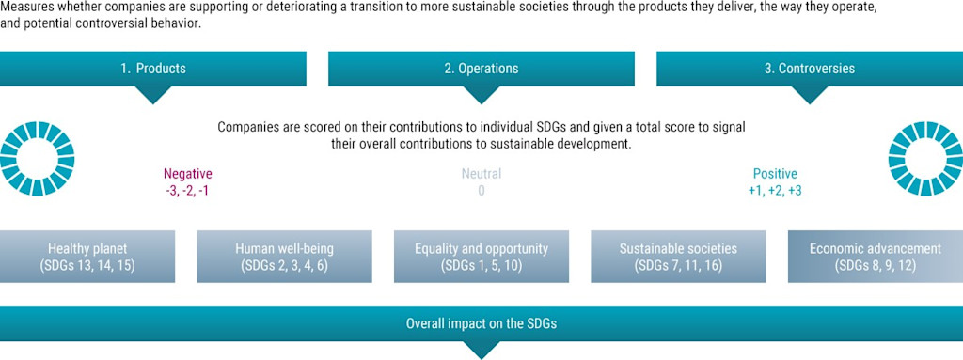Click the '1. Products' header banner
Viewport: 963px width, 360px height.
coord(153,69)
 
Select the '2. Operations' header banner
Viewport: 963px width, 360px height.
coord(481,69)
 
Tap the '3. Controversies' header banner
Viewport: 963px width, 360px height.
coord(809,69)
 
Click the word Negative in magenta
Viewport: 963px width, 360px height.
coord(188,174)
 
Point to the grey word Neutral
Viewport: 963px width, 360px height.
coord(481,174)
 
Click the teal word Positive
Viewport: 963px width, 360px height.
coord(775,174)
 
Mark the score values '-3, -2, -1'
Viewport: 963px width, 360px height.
coord(188,190)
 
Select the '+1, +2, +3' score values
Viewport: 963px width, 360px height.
coord(775,190)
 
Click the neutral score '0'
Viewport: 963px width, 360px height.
coord(481,190)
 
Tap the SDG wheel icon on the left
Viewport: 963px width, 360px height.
coord(37,158)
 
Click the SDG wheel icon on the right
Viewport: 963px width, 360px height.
coord(925,158)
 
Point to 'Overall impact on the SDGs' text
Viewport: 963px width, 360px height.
coord(481,323)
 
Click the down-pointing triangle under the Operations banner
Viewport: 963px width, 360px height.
coord(481,94)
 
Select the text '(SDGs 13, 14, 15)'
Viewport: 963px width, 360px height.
coord(87,266)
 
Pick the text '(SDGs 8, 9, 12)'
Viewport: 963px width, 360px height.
coord(875,266)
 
